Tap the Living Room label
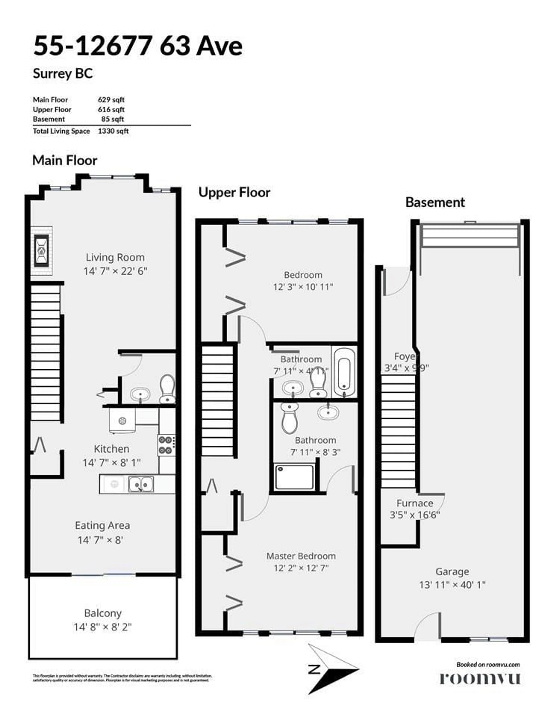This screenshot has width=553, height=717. click(115, 257)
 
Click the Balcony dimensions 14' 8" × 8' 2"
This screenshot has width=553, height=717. click(103, 627)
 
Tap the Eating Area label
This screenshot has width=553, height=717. click(102, 525)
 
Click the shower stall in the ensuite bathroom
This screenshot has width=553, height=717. click(294, 477)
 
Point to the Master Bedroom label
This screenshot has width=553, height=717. click(301, 556)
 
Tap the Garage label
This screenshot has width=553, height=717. click(452, 572)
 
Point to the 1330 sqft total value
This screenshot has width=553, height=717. click(113, 131)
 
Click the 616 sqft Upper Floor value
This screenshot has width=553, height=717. click(111, 109)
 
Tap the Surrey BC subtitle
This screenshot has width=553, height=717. click(63, 73)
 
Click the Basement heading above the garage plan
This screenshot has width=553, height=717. click(435, 202)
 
